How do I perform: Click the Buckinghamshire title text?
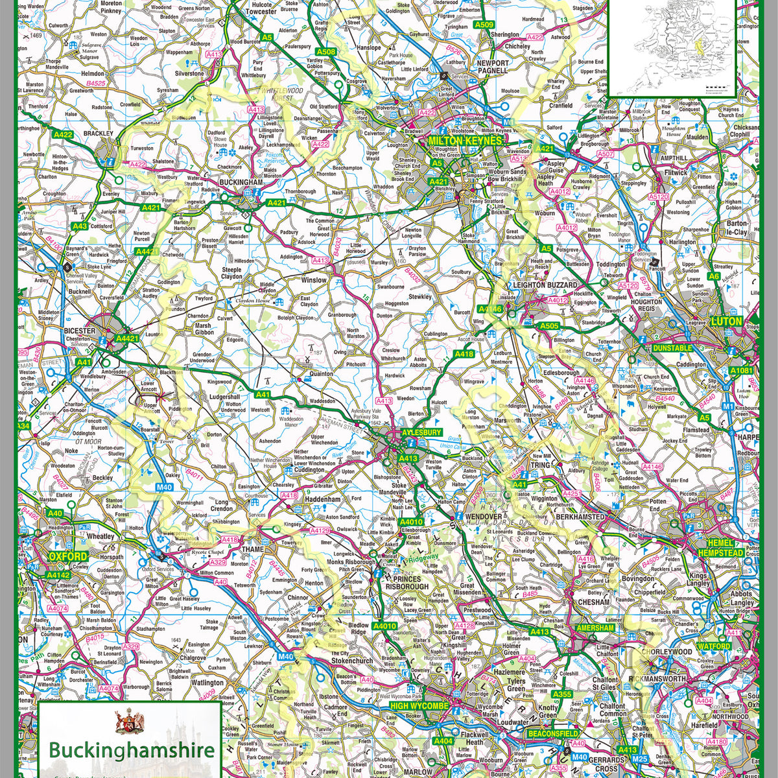coord(132,751)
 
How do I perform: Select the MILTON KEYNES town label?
coord(465,141)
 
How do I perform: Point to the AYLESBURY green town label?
coord(421,432)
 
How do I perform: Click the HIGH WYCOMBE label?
coord(419,705)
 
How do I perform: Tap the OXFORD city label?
coord(67,556)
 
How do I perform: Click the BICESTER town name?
coord(80,331)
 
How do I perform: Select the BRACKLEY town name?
coord(99,133)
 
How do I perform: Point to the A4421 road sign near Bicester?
coord(127,338)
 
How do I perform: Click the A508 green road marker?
coord(325,51)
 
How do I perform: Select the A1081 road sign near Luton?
coord(742,370)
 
